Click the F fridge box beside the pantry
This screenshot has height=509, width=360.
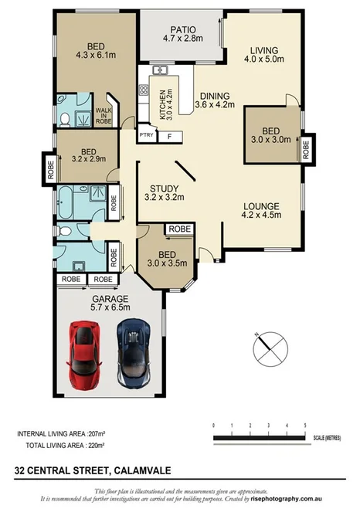click(169, 137)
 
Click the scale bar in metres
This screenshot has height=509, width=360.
click(259, 437)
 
